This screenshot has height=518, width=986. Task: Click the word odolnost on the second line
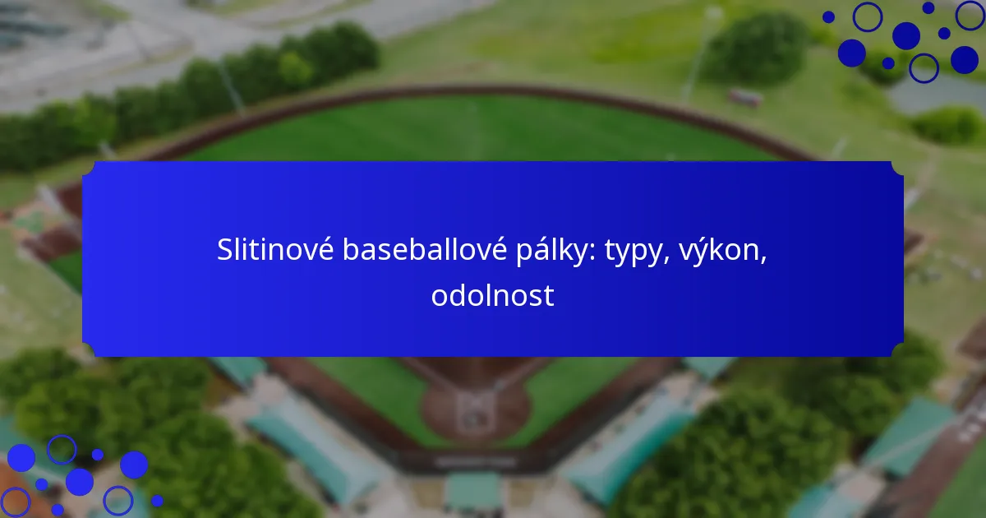[x=492, y=295]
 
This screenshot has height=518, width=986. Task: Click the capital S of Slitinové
[x=225, y=251]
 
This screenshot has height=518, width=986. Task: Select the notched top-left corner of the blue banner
[x=89, y=168]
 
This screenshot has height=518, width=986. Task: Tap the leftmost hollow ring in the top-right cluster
[x=867, y=16]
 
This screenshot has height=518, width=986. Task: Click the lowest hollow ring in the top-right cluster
[x=924, y=67]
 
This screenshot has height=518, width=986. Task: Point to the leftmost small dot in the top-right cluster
[x=828, y=16]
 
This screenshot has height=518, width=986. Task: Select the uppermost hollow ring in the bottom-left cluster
[x=61, y=449]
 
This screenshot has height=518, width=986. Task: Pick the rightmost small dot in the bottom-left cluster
[x=157, y=500]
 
